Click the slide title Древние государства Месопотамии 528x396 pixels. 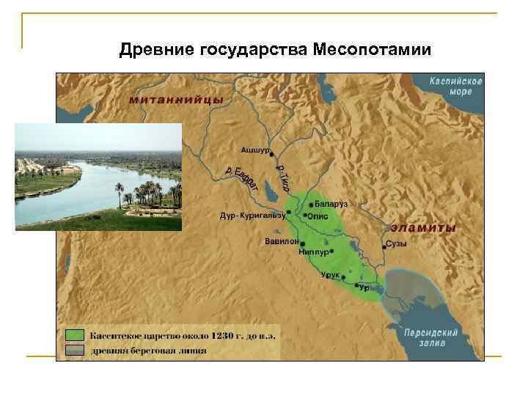pyautogui.click(x=276, y=50)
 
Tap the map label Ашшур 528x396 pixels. pyautogui.click(x=255, y=151)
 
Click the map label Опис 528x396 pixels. pyautogui.click(x=317, y=216)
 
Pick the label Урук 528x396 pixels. pyautogui.click(x=330, y=275)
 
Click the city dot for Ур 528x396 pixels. pyautogui.click(x=357, y=284)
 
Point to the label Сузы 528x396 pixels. pyautogui.click(x=397, y=243)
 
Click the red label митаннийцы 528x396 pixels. pyautogui.click(x=166, y=100)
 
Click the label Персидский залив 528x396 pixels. pyautogui.click(x=431, y=337)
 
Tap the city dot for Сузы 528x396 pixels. pyautogui.click(x=384, y=248)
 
